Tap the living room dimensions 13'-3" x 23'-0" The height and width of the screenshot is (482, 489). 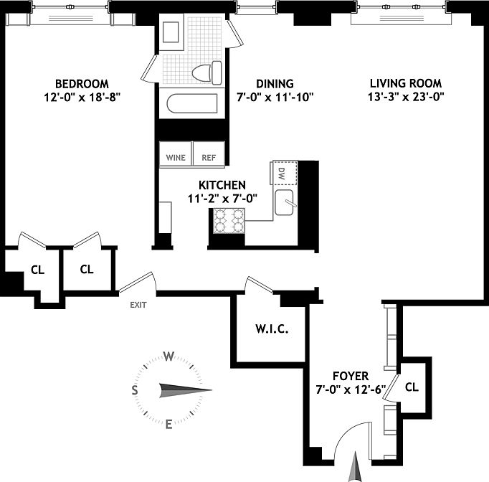click(406, 97)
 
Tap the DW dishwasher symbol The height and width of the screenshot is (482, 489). click(280, 173)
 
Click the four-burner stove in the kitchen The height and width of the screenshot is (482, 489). click(229, 222)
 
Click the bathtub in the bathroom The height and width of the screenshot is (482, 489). click(193, 104)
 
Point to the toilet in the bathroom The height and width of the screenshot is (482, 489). click(208, 72)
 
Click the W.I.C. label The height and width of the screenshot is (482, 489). click(271, 329)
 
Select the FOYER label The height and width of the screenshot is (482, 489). click(351, 376)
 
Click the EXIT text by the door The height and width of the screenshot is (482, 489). click(138, 305)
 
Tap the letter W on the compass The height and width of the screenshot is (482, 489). click(169, 356)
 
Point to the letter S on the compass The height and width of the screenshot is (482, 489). click(134, 390)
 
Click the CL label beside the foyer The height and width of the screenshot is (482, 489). click(412, 387)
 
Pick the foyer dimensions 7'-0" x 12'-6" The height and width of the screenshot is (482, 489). click(351, 390)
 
